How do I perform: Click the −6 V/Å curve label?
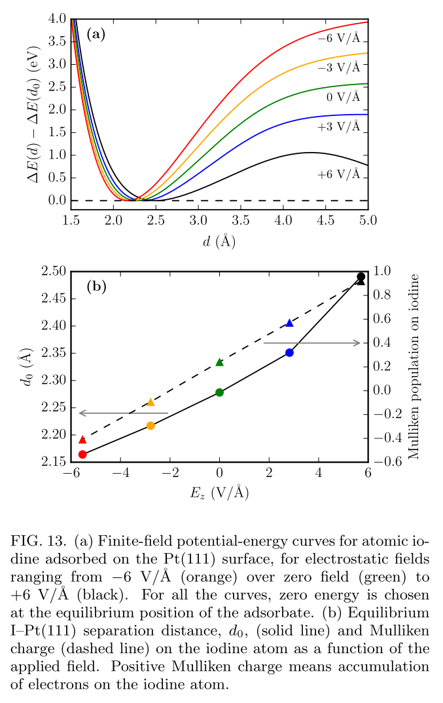click(339, 39)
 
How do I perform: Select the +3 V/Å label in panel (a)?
click(339, 126)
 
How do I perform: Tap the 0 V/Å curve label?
click(344, 97)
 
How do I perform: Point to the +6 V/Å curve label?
click(339, 174)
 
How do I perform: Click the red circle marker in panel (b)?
click(82, 454)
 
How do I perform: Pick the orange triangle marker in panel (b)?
click(151, 402)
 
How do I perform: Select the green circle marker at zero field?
click(220, 392)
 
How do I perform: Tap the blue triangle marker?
click(290, 322)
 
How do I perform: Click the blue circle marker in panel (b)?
click(290, 352)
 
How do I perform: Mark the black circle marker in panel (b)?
click(361, 276)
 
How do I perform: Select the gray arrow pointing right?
click(311, 342)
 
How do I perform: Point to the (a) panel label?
click(96, 35)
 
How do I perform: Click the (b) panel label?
click(96, 286)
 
